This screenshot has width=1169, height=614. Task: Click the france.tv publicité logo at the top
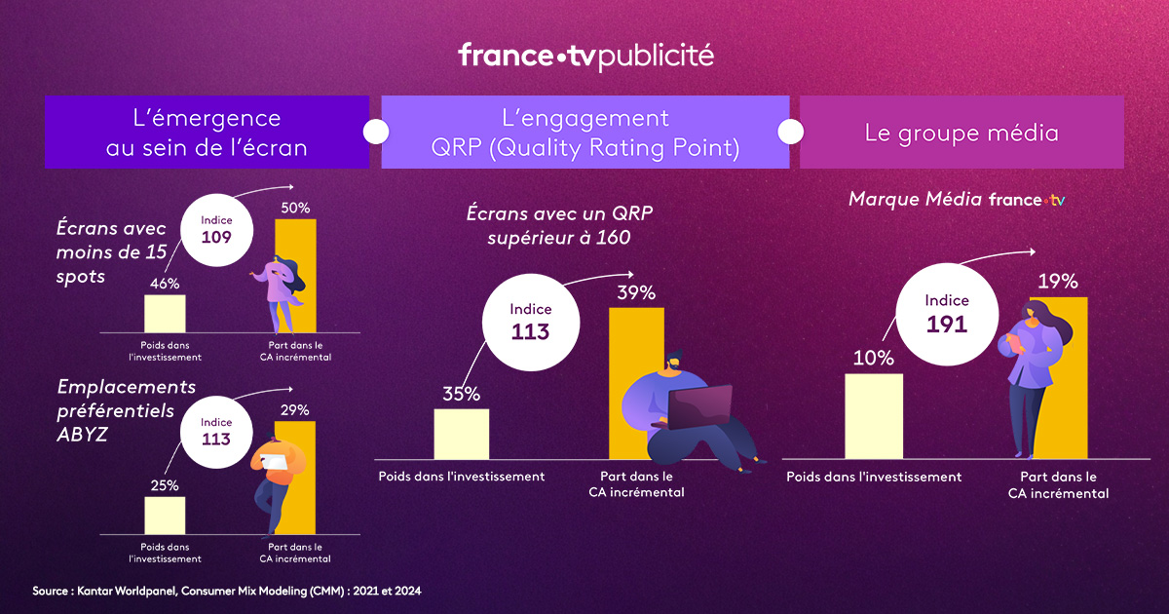pos(585,56)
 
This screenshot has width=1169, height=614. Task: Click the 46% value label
pos(165,284)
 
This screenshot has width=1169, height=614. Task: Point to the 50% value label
pos(295,208)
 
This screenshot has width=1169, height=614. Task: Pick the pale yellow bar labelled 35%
pos(461,433)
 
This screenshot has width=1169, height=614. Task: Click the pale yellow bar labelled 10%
pos(874,415)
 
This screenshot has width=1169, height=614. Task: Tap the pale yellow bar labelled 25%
pos(165,515)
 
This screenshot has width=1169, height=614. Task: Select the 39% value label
pos(636,292)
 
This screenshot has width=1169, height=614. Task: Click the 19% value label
pos(1057,282)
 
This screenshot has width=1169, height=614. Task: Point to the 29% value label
pos(295,409)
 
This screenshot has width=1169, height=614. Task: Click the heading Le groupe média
pos(962,133)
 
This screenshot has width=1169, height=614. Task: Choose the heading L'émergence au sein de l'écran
pos(207,133)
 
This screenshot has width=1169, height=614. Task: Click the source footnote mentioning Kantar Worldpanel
pos(226,591)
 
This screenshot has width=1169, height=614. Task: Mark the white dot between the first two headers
pos(375,131)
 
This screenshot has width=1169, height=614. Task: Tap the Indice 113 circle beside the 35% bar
pos(530,321)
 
